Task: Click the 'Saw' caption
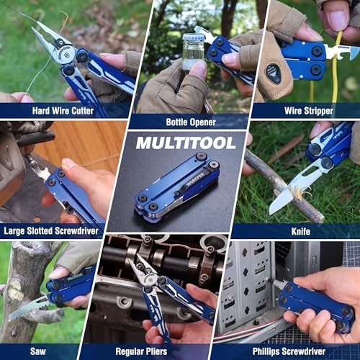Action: point(40,351)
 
